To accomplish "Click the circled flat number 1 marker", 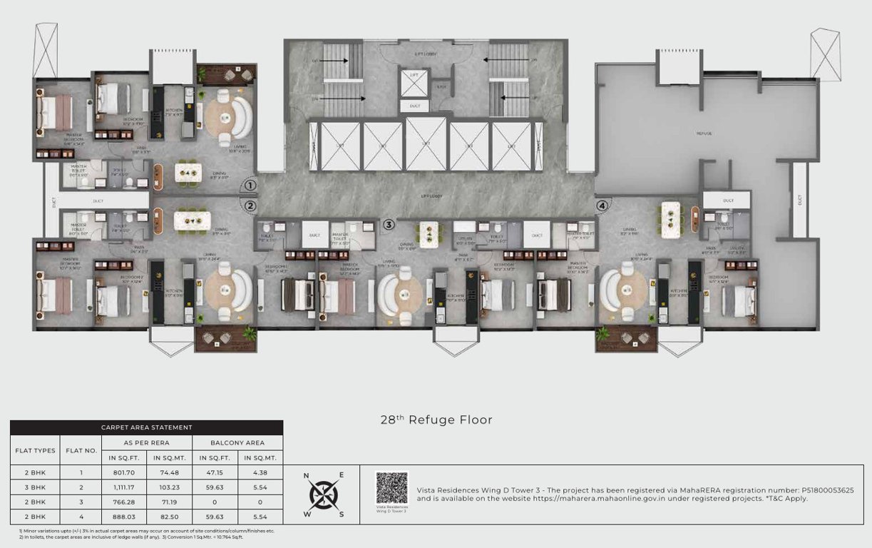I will click(x=250, y=186).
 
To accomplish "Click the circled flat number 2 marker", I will click(x=250, y=207).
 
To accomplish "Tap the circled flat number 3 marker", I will click(x=389, y=225).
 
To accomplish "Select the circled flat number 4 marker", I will click(x=602, y=207).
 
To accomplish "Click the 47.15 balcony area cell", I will click(x=213, y=472).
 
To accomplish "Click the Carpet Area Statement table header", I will click(x=146, y=428).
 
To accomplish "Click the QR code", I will click(x=391, y=487).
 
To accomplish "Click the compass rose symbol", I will click(x=324, y=494).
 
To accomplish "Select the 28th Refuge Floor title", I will click(x=436, y=420).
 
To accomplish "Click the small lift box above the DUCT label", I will click(x=414, y=83).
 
